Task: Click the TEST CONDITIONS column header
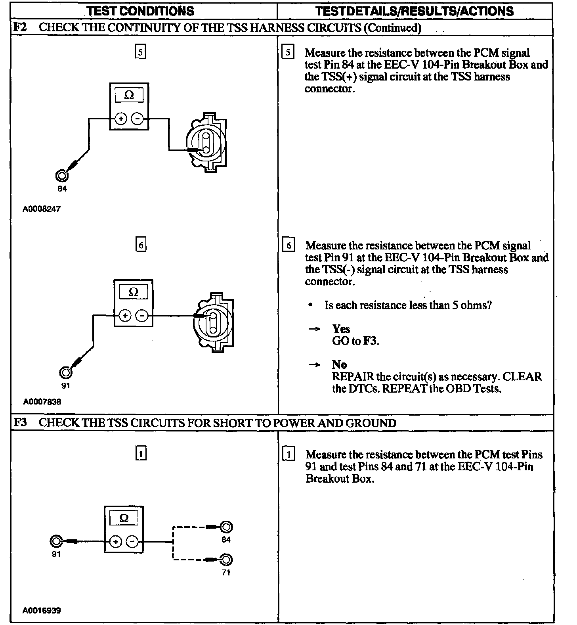point(141,11)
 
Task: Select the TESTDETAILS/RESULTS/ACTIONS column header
point(415,11)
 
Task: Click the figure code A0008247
point(42,209)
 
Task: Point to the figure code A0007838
point(42,402)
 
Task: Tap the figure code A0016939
point(42,610)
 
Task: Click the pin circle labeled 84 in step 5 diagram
point(62,176)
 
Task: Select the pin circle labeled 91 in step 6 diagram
point(65,372)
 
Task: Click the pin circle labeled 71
point(226,560)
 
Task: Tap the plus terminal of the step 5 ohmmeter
point(121,119)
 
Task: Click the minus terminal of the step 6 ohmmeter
point(141,316)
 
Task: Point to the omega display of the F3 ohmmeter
point(124,518)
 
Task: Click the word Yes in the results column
point(341,329)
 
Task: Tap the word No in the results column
point(339,364)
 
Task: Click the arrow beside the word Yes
point(314,329)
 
